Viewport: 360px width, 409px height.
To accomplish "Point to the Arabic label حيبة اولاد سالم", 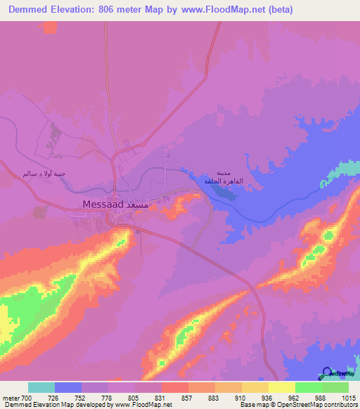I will [x=44, y=173].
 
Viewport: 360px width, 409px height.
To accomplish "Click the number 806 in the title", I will [x=133, y=10].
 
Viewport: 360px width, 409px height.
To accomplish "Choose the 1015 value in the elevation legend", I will [x=349, y=398].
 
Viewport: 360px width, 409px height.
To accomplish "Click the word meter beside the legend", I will [x=11, y=398].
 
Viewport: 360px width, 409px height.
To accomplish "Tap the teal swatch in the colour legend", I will [x=41, y=387].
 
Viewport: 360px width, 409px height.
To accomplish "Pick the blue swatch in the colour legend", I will [x=68, y=387].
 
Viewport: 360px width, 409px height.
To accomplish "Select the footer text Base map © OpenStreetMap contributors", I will [x=298, y=405].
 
